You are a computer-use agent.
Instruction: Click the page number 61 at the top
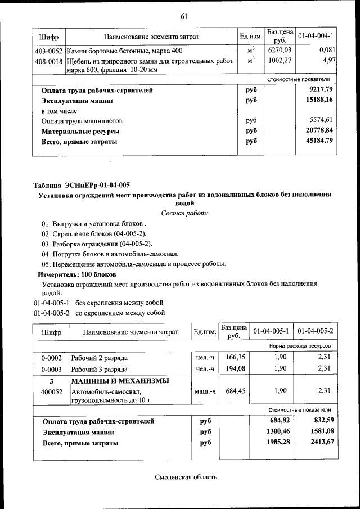pyautogui.click(x=183, y=16)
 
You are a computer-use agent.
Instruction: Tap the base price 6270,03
pyautogui.click(x=279, y=51)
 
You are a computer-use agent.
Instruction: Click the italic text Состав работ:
pyautogui.click(x=184, y=213)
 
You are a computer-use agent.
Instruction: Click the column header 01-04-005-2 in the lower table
pyautogui.click(x=316, y=332)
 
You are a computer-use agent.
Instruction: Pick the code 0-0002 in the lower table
pyautogui.click(x=51, y=358)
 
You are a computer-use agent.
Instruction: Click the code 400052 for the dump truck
pyautogui.click(x=51, y=391)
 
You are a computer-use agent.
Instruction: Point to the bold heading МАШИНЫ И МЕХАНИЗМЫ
pyautogui.click(x=119, y=381)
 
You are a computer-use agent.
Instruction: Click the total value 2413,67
pyautogui.click(x=319, y=443)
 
